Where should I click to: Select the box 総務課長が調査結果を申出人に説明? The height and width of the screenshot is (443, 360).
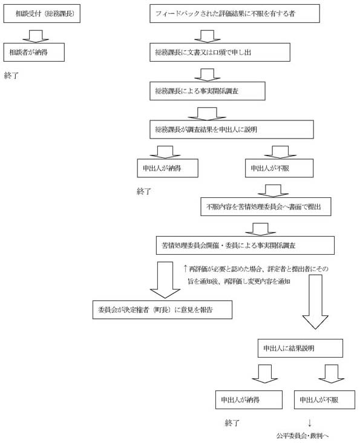231,129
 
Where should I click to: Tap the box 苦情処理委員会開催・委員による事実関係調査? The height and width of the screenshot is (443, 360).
244,245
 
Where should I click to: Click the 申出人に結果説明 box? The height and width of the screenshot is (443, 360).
299,348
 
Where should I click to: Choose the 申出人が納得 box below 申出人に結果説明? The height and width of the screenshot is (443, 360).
249,400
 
